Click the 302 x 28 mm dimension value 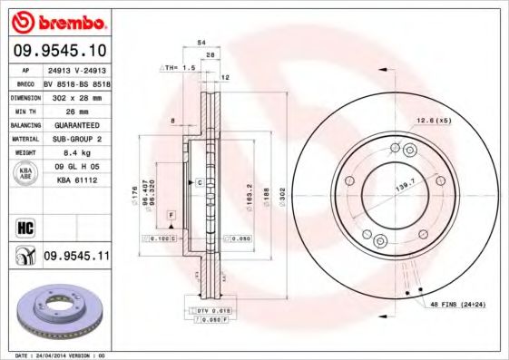click(70, 96)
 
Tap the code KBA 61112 click(76, 180)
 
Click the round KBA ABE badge click(24, 173)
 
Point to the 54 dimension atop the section click(201, 42)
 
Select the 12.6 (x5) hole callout click(434, 121)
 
